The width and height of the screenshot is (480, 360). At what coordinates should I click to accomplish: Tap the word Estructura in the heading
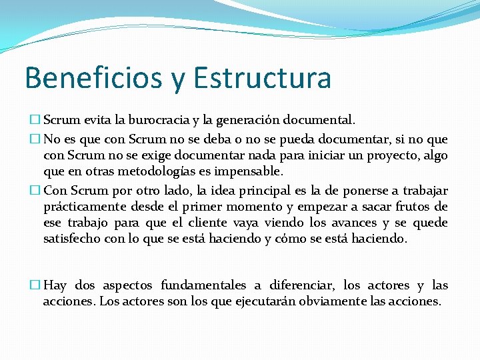[x=262, y=78]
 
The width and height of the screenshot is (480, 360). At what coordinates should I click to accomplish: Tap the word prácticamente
[x=87, y=207]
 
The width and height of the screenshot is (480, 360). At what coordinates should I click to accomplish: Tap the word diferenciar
[x=303, y=285]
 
